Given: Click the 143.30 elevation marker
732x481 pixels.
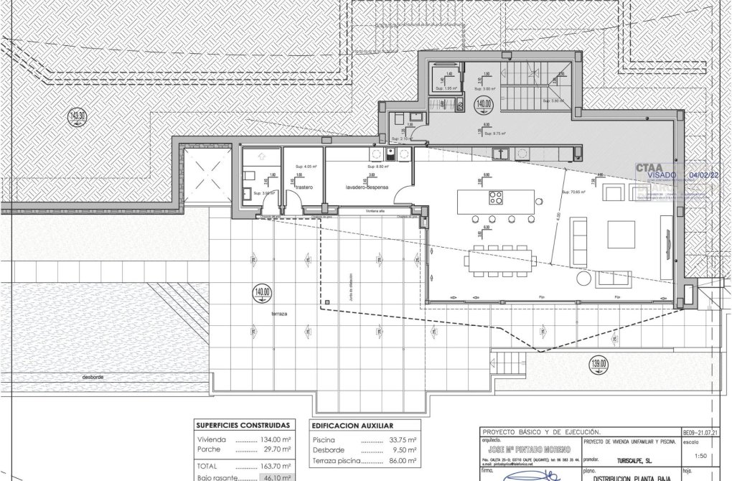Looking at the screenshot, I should click(x=77, y=116).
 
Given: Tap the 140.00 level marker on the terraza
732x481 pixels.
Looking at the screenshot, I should click(x=262, y=293).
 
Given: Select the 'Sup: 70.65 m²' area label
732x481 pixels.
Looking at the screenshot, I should click(x=575, y=192).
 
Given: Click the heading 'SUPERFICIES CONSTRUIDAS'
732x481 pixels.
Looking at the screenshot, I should click(x=243, y=424).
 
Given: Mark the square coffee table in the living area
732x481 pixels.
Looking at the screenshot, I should click(x=621, y=233).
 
